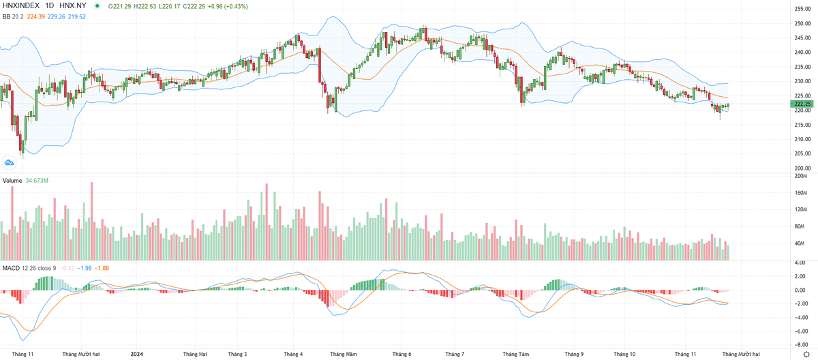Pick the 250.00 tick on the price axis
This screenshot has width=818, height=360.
point(802,23)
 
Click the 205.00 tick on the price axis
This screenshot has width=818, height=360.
point(802,154)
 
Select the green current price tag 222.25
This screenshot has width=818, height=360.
point(802,104)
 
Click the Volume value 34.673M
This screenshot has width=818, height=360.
point(37,181)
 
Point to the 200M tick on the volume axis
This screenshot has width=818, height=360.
point(800,176)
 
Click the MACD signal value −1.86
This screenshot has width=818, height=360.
point(102,268)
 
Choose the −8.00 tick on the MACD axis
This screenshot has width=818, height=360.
point(800,345)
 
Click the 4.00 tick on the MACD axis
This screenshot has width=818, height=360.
point(800,262)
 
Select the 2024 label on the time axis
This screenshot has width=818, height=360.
point(137,354)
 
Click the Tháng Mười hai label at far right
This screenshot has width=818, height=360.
point(740,354)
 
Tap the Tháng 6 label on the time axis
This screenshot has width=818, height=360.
point(402,354)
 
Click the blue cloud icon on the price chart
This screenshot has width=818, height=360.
point(10,162)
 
